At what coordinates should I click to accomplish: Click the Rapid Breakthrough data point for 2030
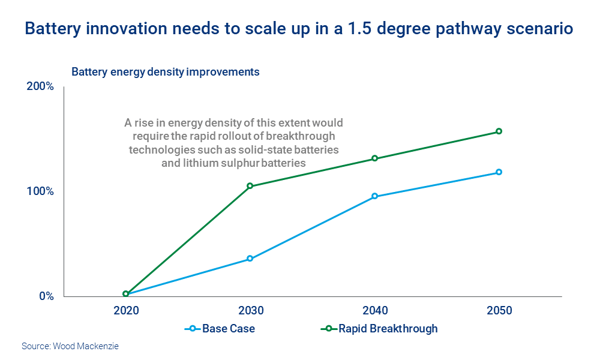click(250, 186)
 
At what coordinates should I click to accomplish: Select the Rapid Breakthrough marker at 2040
click(375, 158)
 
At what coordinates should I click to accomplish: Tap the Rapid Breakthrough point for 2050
click(499, 131)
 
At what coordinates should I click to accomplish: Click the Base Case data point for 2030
click(250, 259)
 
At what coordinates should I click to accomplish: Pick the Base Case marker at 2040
click(375, 196)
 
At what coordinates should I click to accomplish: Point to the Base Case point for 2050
click(499, 172)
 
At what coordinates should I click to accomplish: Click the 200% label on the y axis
click(40, 86)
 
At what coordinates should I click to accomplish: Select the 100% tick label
click(40, 191)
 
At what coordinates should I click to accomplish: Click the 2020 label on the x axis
click(125, 311)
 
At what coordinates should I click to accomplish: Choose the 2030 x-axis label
click(250, 311)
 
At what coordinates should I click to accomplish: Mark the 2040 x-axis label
click(375, 311)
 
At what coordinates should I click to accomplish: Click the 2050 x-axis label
click(499, 311)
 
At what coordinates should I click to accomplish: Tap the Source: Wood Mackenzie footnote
click(70, 346)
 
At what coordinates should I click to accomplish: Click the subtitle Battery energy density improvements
click(166, 71)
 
